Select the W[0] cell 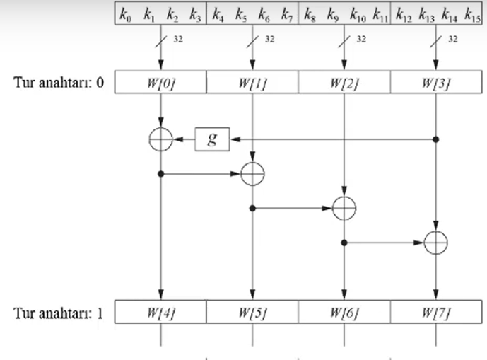[161, 83]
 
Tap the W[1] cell [252, 83]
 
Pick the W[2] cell [344, 83]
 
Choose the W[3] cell [435, 83]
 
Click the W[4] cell [161, 311]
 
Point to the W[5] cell [252, 311]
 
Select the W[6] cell [344, 311]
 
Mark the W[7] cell [435, 311]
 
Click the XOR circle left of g [161, 139]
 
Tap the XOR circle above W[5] [252, 173]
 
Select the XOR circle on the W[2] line [344, 208]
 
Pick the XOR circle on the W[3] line [435, 243]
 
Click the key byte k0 [127, 13]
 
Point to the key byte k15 [473, 13]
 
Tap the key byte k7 [286, 13]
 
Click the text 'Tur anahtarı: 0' [59, 83]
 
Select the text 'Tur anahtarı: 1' [59, 311]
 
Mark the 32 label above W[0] [178, 40]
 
